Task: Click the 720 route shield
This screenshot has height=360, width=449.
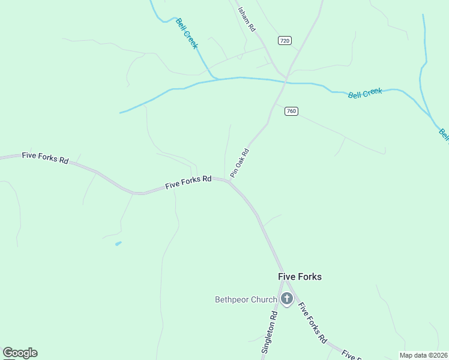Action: (x=285, y=40)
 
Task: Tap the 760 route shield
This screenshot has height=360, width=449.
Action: (x=291, y=111)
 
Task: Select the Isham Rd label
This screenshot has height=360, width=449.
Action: (x=247, y=20)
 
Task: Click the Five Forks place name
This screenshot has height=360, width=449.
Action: (x=300, y=277)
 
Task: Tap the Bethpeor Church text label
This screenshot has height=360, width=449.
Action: (x=246, y=299)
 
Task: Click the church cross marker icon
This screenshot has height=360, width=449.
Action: (x=287, y=298)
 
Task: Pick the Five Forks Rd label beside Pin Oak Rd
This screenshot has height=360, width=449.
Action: (x=188, y=182)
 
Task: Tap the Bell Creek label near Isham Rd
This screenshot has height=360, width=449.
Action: (x=187, y=33)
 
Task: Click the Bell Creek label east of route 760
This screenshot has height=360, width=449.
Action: (x=365, y=93)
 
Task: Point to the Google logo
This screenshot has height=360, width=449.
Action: (x=20, y=353)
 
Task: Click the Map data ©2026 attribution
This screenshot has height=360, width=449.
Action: (x=423, y=355)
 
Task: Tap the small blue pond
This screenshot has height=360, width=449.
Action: (x=118, y=243)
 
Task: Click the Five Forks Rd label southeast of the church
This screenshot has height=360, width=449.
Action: (x=312, y=322)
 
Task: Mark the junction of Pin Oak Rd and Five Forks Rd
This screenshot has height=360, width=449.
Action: (x=229, y=180)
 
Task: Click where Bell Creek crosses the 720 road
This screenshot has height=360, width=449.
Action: (x=286, y=81)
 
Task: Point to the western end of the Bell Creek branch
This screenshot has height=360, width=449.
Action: (x=121, y=112)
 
